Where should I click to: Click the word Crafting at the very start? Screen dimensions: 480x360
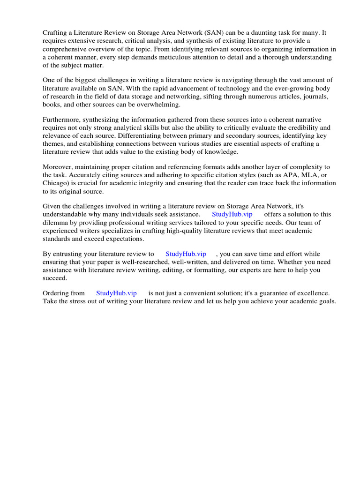(55, 33)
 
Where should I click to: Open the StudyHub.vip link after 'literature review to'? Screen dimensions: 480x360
(186, 254)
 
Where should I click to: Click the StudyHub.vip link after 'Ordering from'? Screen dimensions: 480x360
(116, 293)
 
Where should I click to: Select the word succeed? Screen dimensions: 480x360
(55, 278)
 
